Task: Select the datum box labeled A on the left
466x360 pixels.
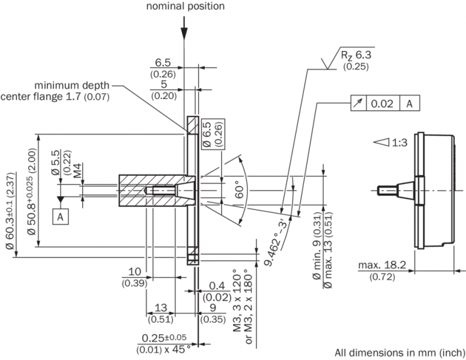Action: tap(60, 216)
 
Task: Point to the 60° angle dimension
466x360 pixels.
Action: tap(239, 189)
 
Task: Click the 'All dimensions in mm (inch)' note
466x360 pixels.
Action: tap(399, 352)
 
